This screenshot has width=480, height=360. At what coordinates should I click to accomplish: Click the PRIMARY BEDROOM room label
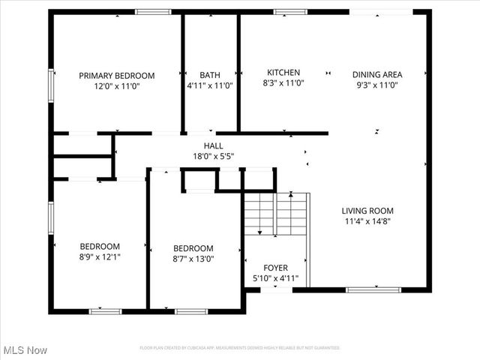(x=117, y=75)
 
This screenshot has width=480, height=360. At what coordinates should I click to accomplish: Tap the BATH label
(x=210, y=75)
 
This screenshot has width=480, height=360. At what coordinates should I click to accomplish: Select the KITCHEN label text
(x=283, y=73)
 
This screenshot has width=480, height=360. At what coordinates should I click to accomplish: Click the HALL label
(x=214, y=145)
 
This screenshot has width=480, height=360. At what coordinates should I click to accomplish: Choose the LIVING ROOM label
(x=367, y=211)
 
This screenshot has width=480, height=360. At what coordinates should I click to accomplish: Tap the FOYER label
(x=275, y=268)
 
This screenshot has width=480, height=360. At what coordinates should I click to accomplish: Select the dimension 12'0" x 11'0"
(x=117, y=86)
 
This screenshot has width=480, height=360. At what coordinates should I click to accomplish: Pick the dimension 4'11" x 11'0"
(x=210, y=86)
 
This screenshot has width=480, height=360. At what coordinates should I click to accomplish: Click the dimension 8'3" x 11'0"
(x=283, y=84)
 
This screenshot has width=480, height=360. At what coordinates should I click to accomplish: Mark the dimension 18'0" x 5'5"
(x=214, y=157)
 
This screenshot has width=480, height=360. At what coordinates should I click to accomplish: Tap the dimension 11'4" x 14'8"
(x=367, y=221)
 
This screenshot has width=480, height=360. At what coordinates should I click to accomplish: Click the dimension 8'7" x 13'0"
(x=193, y=259)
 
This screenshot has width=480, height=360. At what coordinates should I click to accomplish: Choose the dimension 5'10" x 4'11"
(x=275, y=279)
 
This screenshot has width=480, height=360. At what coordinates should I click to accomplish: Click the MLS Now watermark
(x=25, y=350)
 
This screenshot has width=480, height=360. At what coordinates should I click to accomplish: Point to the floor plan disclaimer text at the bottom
(x=240, y=348)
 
